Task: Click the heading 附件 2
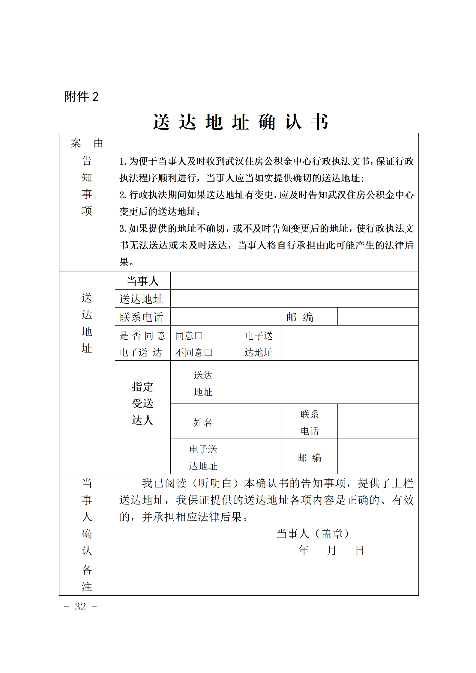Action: coord(81,97)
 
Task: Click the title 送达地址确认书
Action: coord(241,122)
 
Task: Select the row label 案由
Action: coord(87,143)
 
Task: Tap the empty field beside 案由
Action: coord(266,142)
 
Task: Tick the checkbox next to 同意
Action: coord(199,336)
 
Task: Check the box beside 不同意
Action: coord(208,353)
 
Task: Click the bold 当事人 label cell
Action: coord(142,281)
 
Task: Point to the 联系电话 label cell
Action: coord(141,317)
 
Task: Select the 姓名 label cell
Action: coord(203,422)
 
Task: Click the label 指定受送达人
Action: coord(142,404)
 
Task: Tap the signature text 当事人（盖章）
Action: coord(313,534)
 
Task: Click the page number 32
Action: coord(80,607)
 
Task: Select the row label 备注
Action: coord(87,578)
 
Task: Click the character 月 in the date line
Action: coord(331,550)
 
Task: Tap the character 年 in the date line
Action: coord(304,550)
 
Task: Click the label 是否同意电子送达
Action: coord(142,344)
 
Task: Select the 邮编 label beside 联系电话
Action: coord(300,317)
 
